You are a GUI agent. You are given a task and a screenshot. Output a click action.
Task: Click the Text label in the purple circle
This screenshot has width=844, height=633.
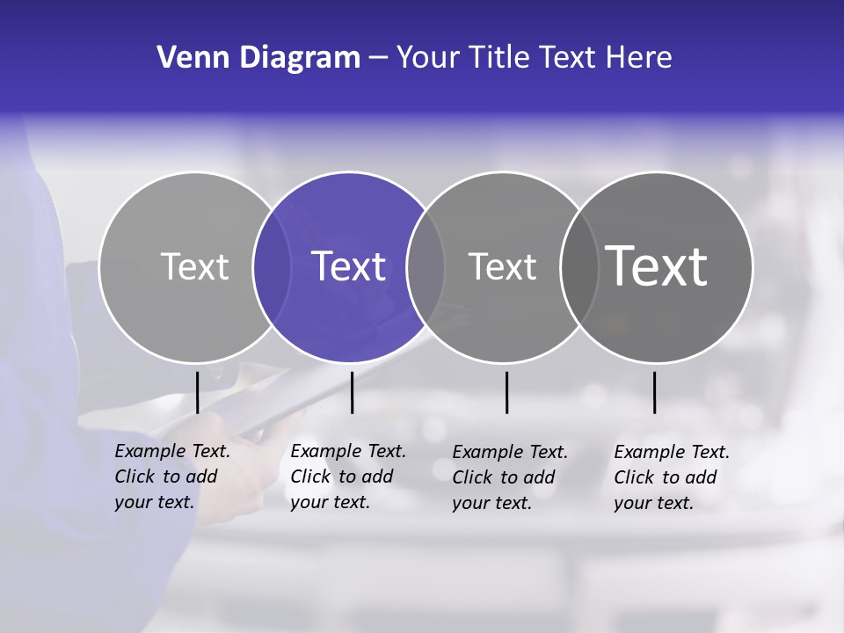click(x=349, y=266)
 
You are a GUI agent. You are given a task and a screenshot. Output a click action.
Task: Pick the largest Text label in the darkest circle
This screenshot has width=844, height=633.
click(x=657, y=266)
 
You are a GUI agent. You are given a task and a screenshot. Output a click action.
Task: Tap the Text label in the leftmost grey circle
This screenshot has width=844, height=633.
click(x=195, y=266)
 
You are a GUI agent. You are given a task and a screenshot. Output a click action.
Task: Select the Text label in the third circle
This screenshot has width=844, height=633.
click(x=502, y=266)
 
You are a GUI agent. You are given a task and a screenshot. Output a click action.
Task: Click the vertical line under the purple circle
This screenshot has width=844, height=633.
click(x=352, y=392)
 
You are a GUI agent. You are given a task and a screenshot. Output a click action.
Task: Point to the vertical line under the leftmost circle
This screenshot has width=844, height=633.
click(x=197, y=392)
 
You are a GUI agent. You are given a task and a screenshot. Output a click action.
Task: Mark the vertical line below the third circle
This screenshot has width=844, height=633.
click(x=506, y=392)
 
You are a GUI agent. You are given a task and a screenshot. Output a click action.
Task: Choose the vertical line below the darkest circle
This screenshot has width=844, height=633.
click(x=654, y=392)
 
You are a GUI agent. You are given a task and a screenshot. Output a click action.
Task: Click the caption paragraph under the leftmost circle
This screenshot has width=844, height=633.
click(x=171, y=477)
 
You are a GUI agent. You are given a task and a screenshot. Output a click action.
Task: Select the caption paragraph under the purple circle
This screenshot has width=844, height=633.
click(x=347, y=477)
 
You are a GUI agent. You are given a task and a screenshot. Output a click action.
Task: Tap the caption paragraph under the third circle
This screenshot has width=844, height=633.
click(x=509, y=477)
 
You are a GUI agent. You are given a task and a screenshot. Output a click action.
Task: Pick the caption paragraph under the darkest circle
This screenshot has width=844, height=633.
click(x=671, y=477)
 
